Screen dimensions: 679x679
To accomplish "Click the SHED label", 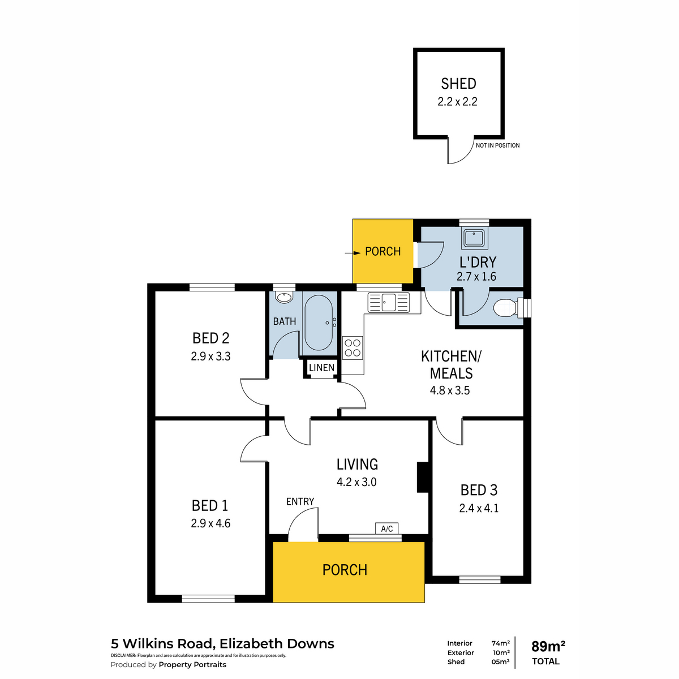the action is [x=458, y=84].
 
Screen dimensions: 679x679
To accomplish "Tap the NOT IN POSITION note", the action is [x=497, y=145].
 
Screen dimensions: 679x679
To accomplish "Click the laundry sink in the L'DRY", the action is [x=475, y=238].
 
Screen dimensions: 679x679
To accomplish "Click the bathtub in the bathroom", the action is [x=318, y=323].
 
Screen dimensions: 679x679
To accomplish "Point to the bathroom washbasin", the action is [x=285, y=297].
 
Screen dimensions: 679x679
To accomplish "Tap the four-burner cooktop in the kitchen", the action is [x=353, y=348].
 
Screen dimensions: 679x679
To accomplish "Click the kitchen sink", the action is [x=389, y=302].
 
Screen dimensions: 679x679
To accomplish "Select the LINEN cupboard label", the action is [x=321, y=368].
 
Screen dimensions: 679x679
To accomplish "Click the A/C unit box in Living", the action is [x=387, y=528].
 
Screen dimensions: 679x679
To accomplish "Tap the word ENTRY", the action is [x=300, y=501].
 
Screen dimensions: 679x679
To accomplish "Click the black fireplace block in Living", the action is [x=423, y=477].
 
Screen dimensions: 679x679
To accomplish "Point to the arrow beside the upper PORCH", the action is [x=353, y=253].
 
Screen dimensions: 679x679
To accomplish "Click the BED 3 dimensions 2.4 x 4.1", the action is [x=479, y=508].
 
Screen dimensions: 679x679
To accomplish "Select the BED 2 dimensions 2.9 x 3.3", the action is [x=210, y=356].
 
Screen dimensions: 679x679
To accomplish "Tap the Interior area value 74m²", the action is [x=500, y=643].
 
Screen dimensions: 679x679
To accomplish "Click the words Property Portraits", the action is [x=192, y=664].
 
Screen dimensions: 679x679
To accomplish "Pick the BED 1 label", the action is [x=210, y=506].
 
